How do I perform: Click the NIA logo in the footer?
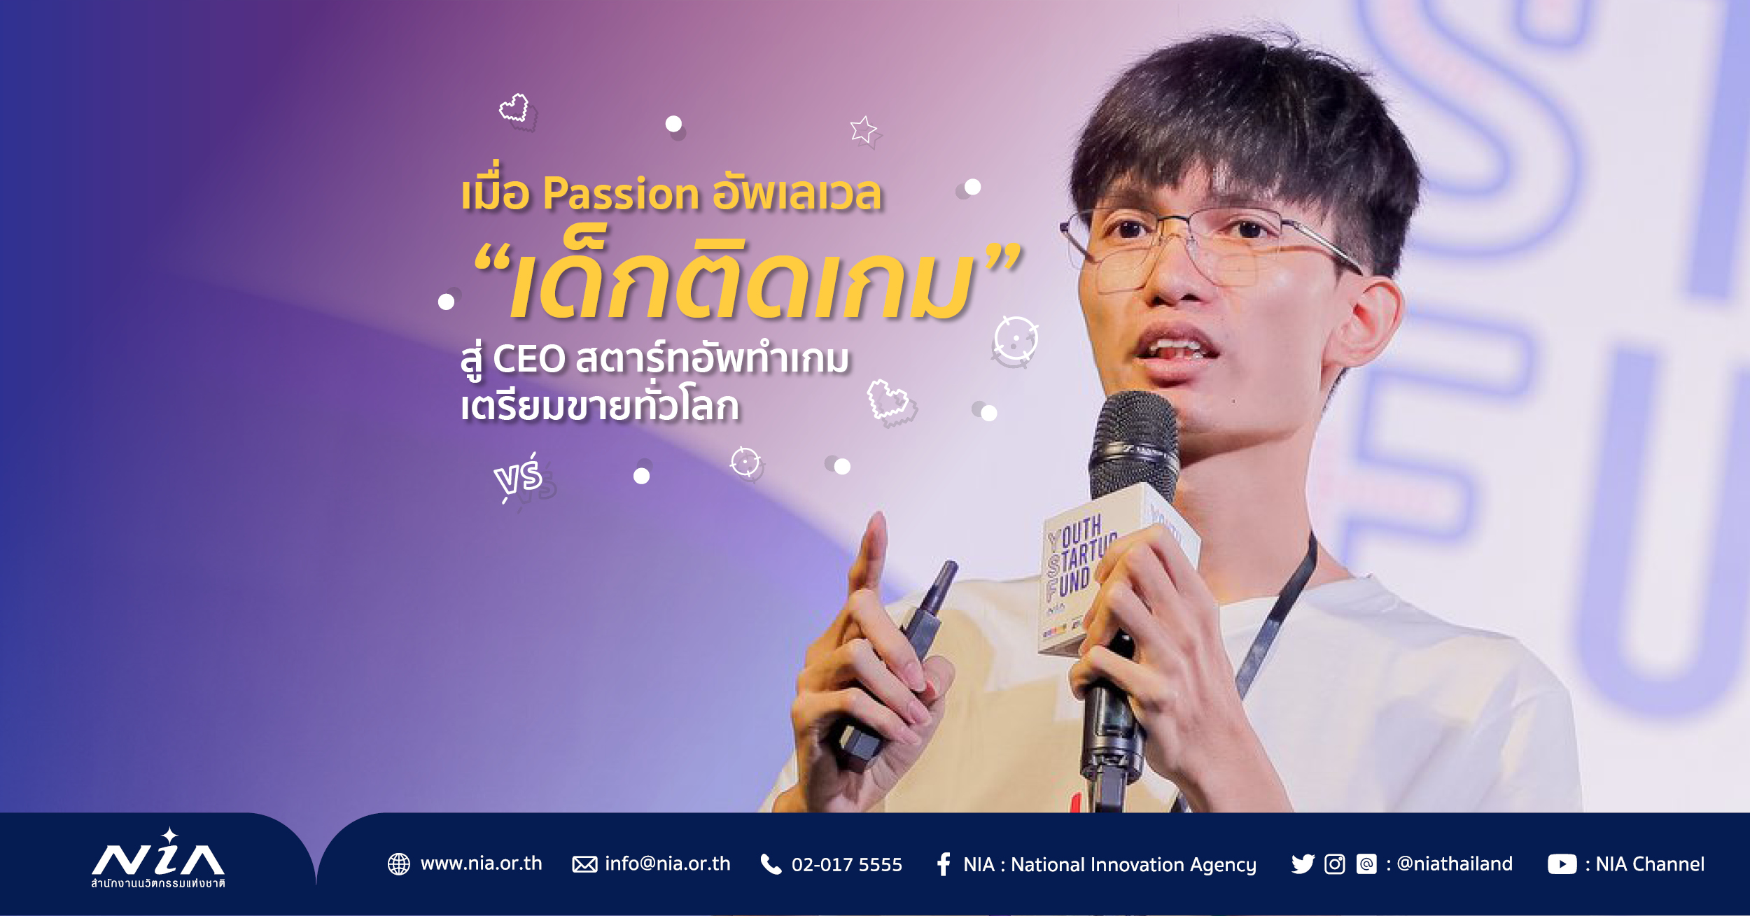point(158,859)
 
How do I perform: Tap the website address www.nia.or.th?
point(481,864)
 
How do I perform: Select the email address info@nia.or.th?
point(667,864)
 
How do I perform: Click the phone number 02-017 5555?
point(846,865)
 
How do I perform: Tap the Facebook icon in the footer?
point(944,864)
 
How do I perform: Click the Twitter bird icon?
point(1303,864)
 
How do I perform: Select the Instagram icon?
point(1335,864)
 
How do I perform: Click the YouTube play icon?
point(1562,864)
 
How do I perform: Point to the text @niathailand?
point(1455,864)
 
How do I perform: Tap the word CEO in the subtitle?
point(528,359)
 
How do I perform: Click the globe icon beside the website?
point(399,864)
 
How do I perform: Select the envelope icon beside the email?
point(584,864)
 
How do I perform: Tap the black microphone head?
point(1135,446)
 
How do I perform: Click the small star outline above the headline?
point(863,129)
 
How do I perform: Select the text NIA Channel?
point(1650,864)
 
